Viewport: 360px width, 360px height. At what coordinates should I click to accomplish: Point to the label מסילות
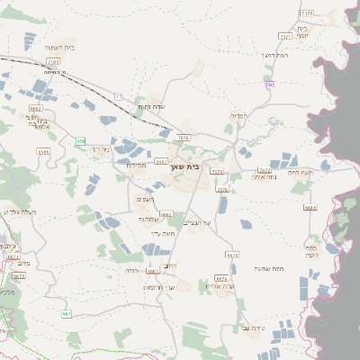pos(136,165)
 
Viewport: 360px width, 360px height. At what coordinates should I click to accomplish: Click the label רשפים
pos(145,198)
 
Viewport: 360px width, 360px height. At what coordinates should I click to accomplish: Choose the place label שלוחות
pos(148,219)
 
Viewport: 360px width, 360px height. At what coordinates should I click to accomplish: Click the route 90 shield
pos(269,84)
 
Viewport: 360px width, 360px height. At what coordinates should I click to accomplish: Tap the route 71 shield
pos(118,95)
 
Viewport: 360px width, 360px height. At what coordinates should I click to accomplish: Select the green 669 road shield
pos(80,141)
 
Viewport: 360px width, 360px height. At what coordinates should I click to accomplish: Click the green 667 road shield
pos(66,313)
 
